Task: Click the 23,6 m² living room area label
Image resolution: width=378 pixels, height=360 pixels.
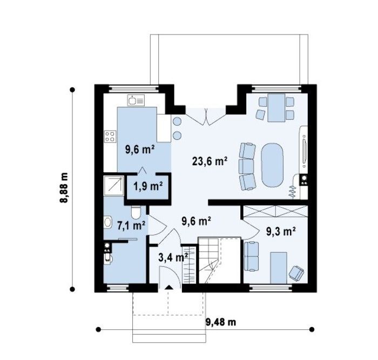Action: (210, 161)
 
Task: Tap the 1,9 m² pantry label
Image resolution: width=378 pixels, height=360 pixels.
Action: (148, 186)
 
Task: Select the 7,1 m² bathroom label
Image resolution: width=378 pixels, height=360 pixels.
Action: (131, 225)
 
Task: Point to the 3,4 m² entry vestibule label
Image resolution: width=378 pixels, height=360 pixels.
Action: (173, 257)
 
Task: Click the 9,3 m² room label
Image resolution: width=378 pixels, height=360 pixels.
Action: (281, 232)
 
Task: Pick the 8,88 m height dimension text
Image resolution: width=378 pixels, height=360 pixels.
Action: (64, 187)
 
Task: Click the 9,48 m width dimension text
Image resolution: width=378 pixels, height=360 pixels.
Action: (220, 322)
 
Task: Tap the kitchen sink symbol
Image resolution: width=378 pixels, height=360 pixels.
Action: (136, 100)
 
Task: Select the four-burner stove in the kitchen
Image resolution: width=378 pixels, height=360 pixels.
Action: (110, 137)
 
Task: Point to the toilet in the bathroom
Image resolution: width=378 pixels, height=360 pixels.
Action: (136, 213)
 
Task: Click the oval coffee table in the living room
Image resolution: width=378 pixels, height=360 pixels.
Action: (272, 165)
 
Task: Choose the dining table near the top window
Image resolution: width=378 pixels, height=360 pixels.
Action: (276, 108)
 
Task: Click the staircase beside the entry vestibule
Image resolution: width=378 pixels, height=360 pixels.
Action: (208, 261)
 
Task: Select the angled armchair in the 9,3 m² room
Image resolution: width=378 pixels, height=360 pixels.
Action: (296, 273)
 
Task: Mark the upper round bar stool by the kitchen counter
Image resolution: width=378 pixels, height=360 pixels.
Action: (177, 121)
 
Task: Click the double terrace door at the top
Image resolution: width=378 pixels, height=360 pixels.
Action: (206, 117)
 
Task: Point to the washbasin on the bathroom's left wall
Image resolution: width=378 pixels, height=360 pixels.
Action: (108, 222)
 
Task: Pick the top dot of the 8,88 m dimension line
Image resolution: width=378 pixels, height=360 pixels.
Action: (72, 90)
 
